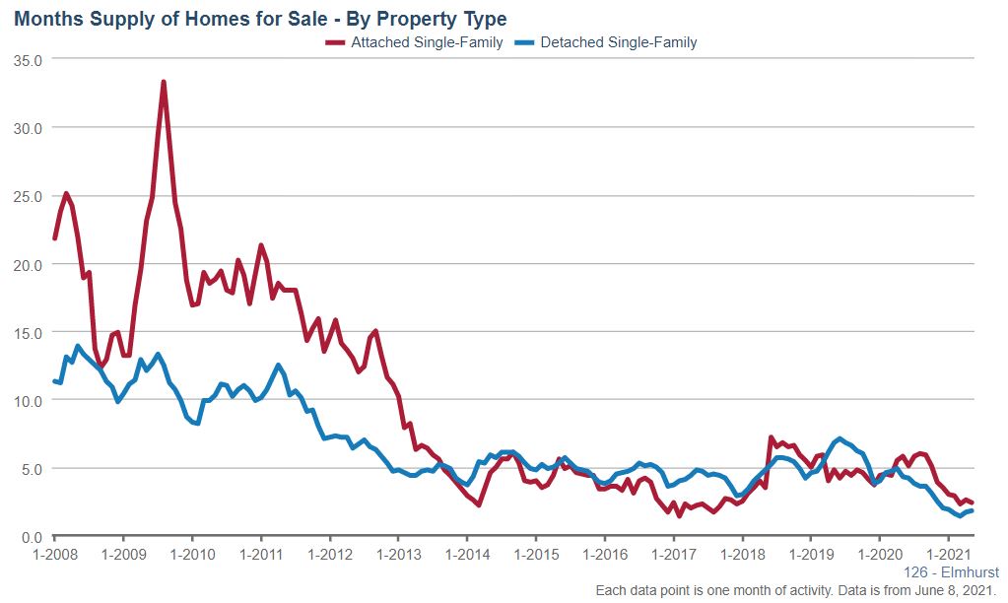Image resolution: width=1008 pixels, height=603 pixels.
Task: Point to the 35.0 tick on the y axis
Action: point(29,59)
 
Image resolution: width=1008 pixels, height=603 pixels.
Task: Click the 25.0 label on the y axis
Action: point(29,196)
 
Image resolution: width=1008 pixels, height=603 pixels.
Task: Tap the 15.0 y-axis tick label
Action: point(29,332)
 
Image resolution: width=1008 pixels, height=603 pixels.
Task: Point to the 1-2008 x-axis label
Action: point(54,555)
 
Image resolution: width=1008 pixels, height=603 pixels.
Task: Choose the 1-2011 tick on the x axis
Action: point(260,555)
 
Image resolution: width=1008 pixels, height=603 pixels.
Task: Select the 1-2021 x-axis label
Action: point(947,555)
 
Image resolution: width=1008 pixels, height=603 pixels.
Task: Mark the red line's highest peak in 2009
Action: point(164,82)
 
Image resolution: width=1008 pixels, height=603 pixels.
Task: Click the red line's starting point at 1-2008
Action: point(54,238)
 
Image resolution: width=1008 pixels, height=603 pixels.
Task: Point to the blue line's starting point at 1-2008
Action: point(54,381)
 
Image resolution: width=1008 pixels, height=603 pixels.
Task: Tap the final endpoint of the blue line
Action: point(972,510)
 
